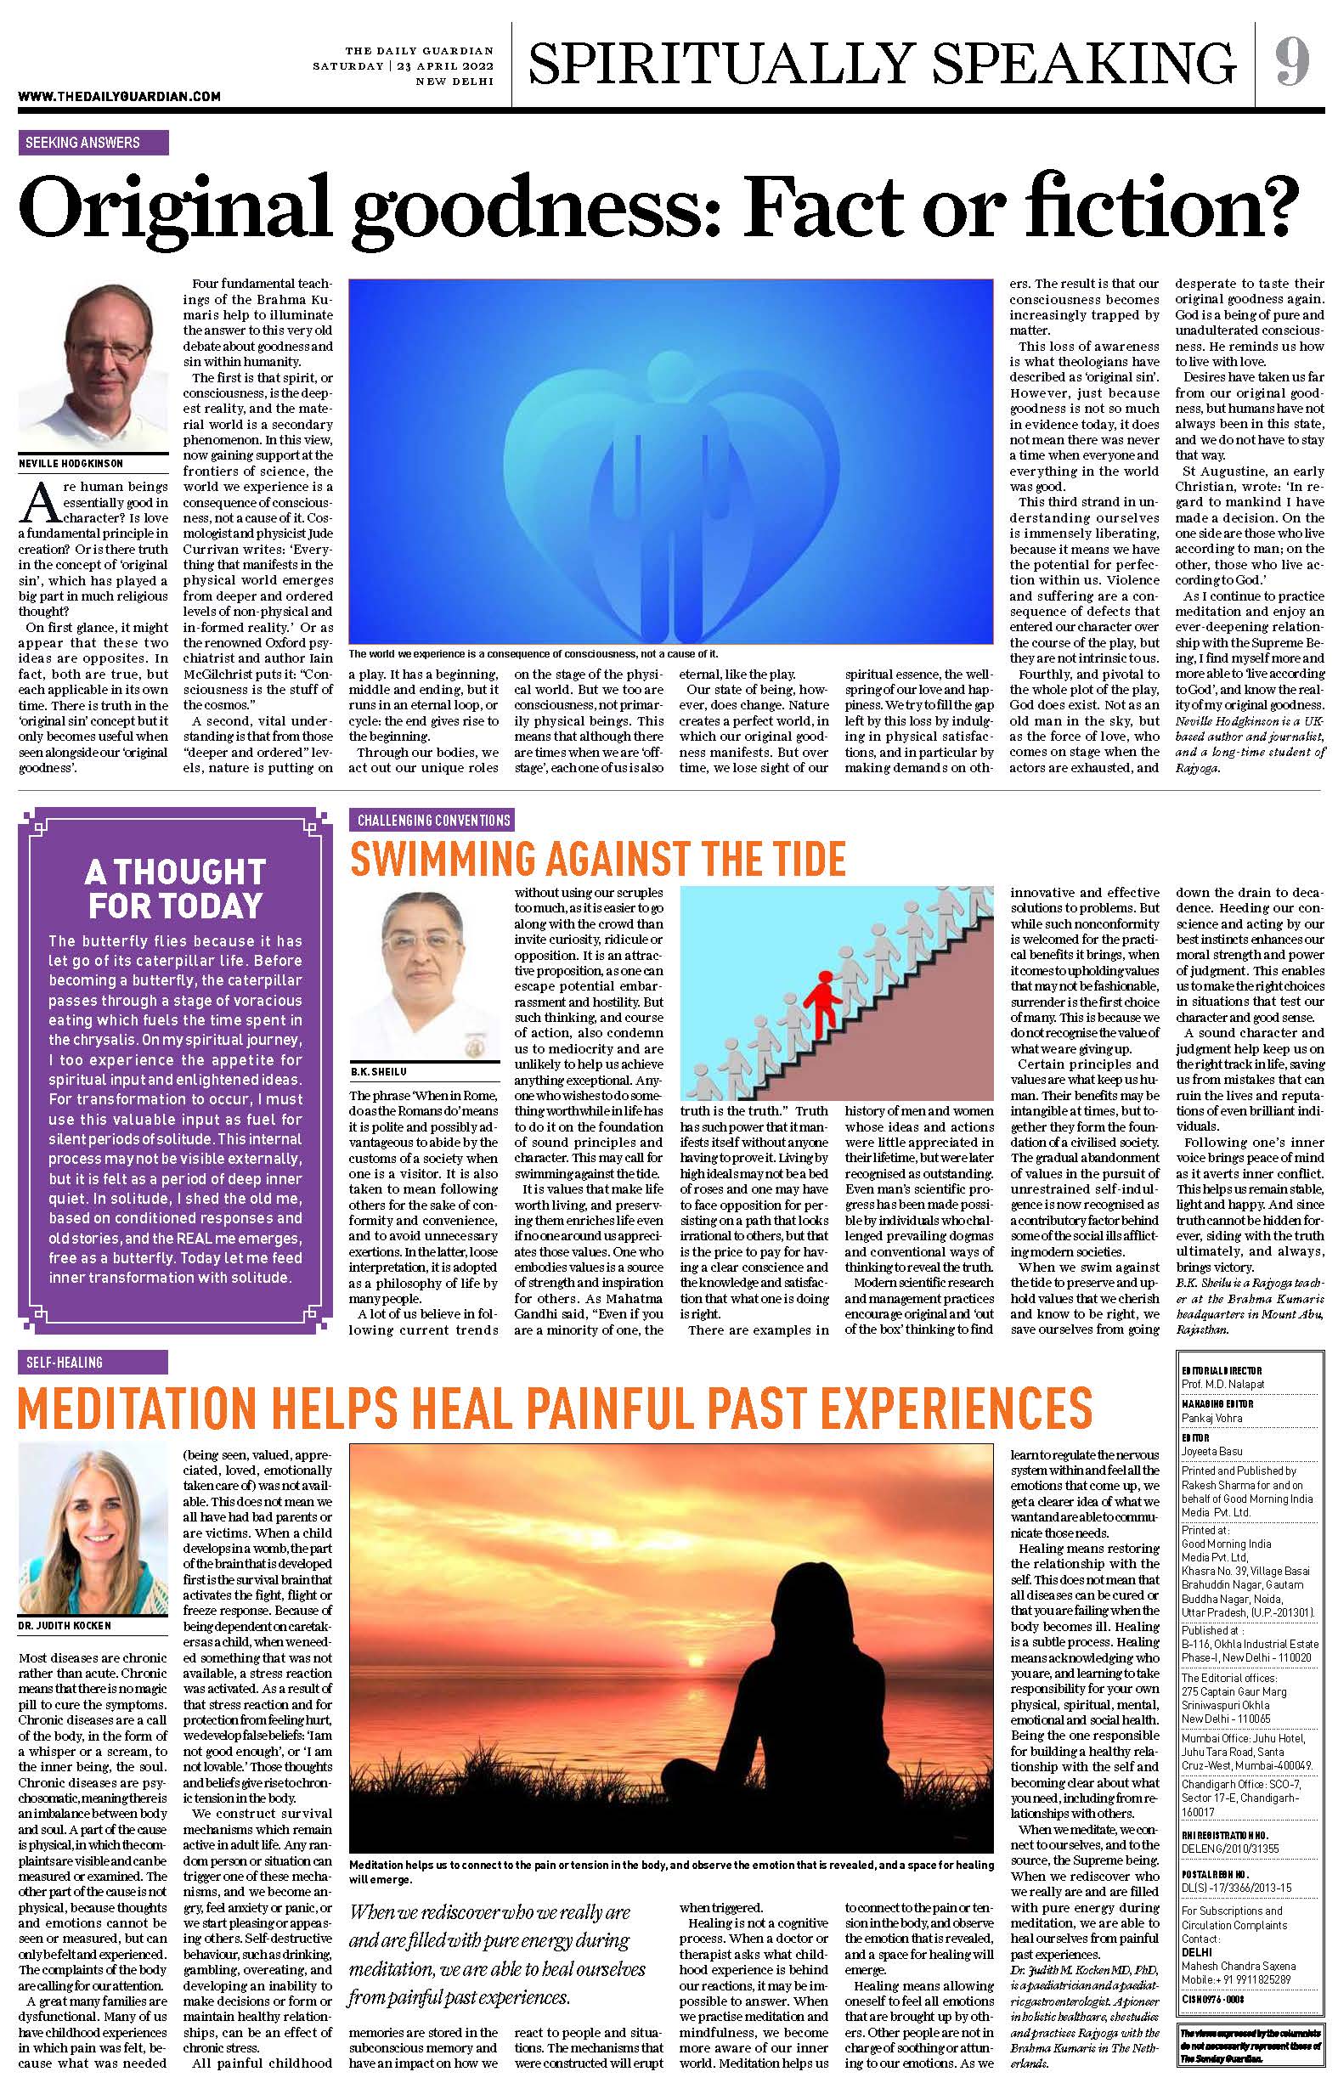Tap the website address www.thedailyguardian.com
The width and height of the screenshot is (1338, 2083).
tap(119, 98)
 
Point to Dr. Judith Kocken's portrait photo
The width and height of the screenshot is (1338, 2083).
tap(90, 1527)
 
